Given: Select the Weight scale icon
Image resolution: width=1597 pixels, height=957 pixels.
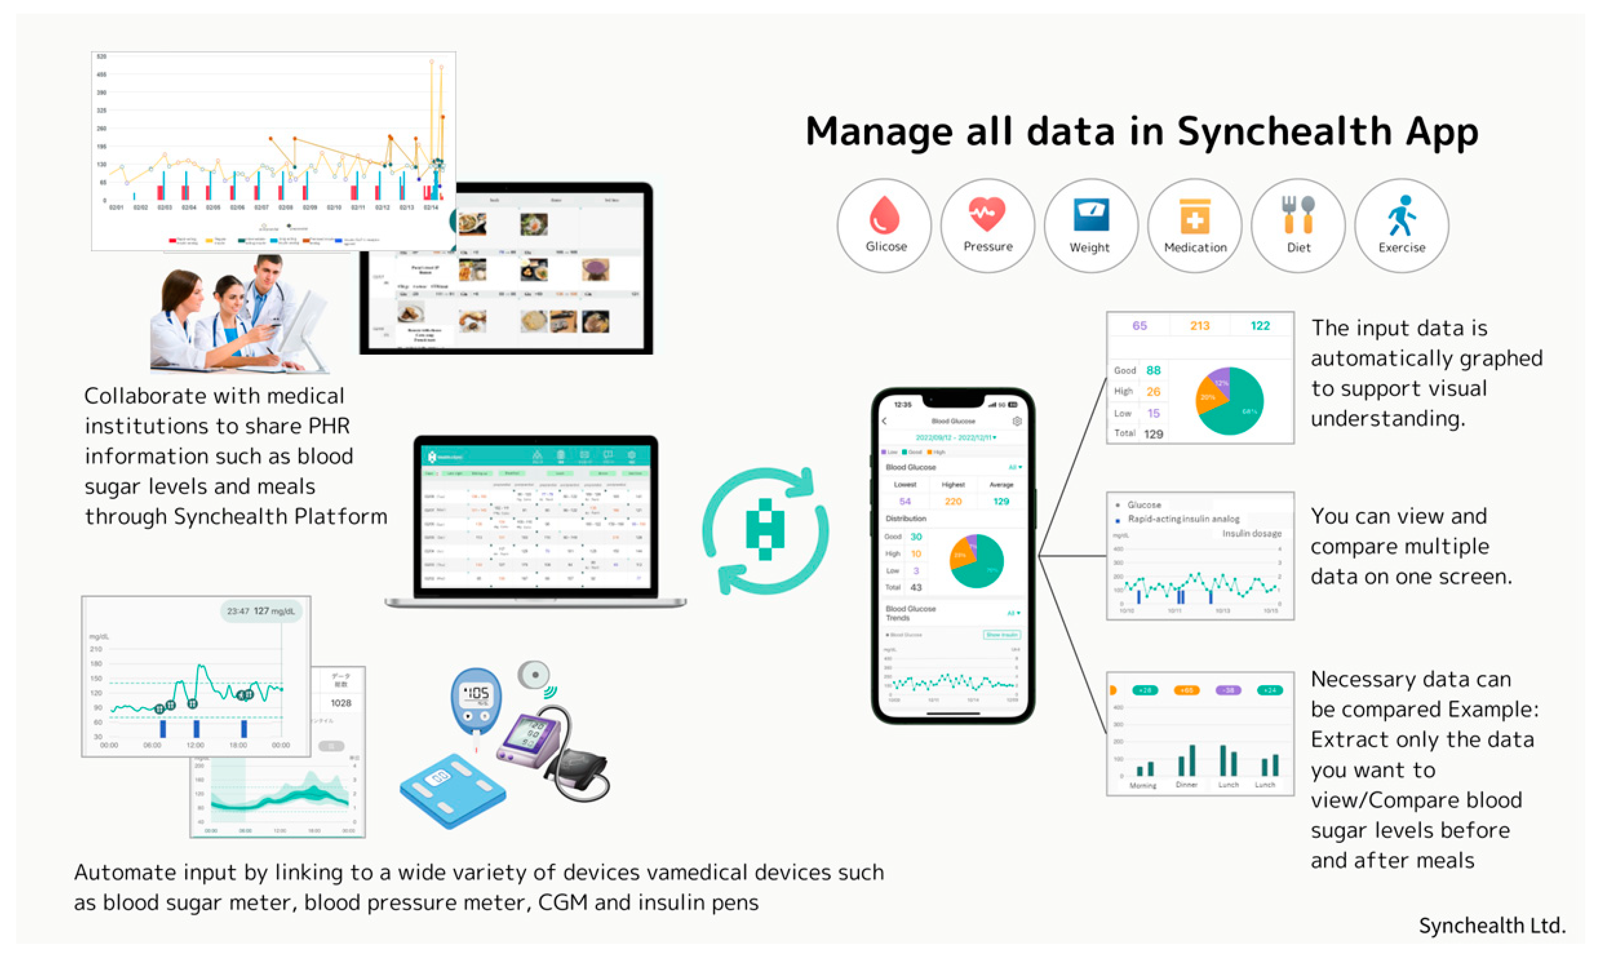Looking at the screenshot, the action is (1090, 215).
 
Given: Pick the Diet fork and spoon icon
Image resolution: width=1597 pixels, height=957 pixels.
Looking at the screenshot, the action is (1298, 215).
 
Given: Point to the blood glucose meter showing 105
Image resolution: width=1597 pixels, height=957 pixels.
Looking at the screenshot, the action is (476, 700).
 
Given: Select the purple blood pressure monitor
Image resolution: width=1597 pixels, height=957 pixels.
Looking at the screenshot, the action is (532, 738).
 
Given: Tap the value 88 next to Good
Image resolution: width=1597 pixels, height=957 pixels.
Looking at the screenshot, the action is (1153, 370).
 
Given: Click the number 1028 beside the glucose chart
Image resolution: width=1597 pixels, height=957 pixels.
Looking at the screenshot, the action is (341, 703).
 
